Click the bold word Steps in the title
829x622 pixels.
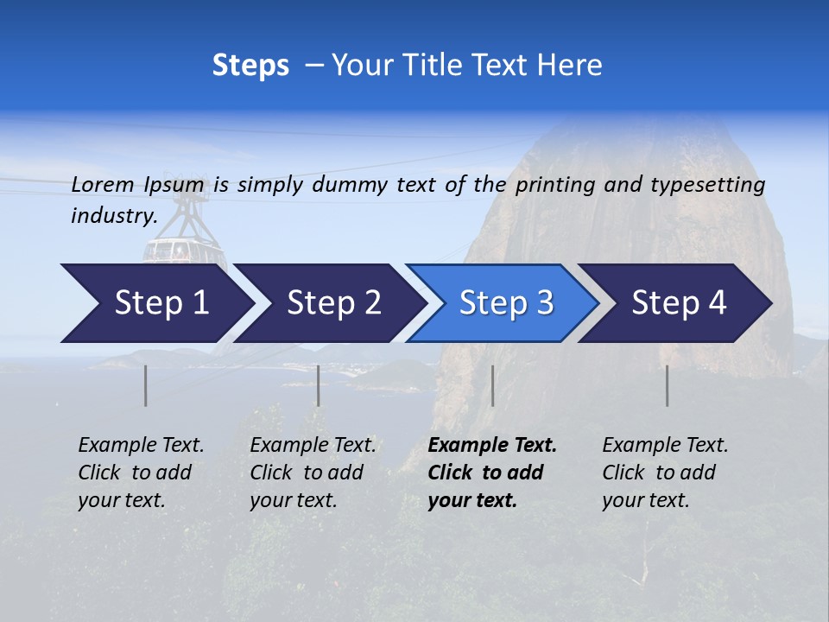(250, 66)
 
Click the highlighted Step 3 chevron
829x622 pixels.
(505, 303)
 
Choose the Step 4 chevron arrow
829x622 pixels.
(678, 303)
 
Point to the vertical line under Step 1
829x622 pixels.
(146, 385)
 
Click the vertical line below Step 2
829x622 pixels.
(319, 385)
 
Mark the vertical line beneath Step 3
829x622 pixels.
(492, 385)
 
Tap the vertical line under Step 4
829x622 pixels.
(668, 385)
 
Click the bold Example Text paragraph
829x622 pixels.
(492, 473)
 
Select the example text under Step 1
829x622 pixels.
(141, 473)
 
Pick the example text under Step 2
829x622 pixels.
(313, 473)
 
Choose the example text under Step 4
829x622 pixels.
(665, 473)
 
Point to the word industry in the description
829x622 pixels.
(113, 216)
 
